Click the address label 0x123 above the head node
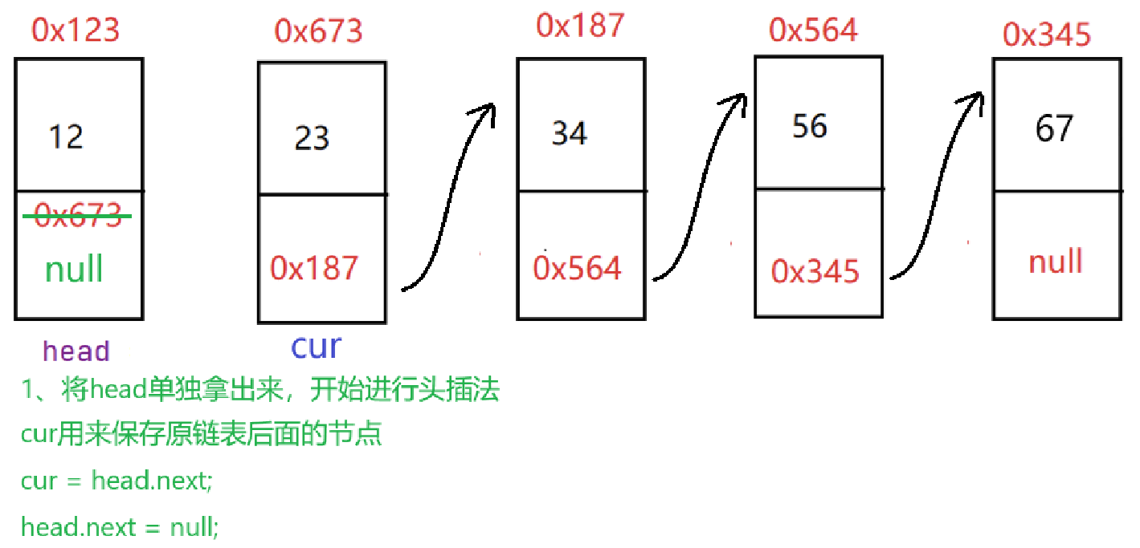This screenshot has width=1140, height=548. (76, 30)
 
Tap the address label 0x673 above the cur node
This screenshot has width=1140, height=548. (318, 31)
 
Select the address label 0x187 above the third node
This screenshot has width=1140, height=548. (579, 26)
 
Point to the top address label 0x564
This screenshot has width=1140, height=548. (813, 30)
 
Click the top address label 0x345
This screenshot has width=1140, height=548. (1047, 35)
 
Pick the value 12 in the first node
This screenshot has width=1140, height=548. (65, 136)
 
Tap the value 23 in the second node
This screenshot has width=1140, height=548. (312, 138)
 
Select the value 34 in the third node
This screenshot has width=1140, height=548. (569, 132)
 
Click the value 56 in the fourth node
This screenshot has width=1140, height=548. (809, 126)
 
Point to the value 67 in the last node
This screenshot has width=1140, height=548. (1054, 128)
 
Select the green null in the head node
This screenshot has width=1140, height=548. (74, 268)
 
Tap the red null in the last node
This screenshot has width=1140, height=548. (1055, 262)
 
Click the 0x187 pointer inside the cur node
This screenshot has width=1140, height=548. (314, 268)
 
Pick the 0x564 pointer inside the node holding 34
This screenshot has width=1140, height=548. (577, 268)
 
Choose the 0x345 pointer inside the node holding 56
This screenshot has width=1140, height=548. (815, 271)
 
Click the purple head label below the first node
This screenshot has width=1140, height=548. (76, 351)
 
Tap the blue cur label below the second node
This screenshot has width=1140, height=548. (316, 346)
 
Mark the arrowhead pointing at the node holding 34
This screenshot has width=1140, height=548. (485, 112)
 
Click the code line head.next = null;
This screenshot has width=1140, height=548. (119, 527)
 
